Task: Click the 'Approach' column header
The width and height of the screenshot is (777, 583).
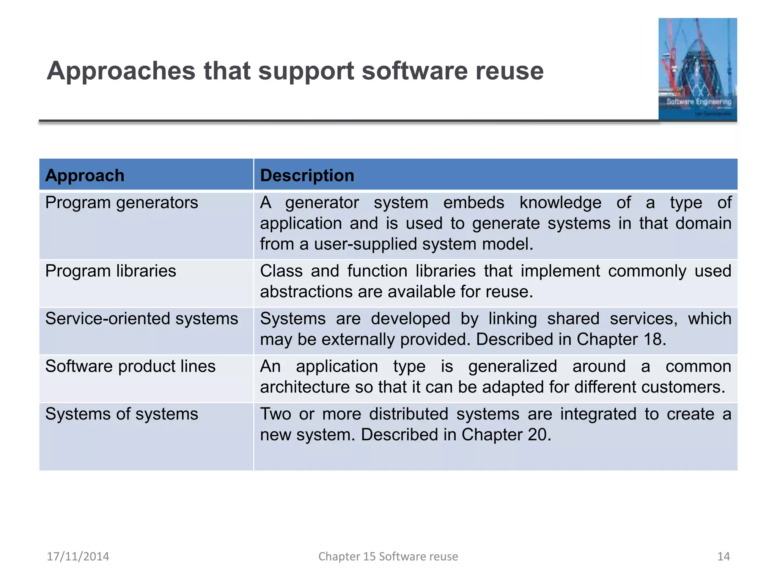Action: (x=85, y=175)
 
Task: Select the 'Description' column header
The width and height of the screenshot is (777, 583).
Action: (x=307, y=175)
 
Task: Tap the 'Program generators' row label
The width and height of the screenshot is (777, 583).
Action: (x=121, y=203)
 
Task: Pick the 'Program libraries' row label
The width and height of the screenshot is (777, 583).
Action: (x=110, y=271)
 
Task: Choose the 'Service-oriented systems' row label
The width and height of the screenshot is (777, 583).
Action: (x=142, y=318)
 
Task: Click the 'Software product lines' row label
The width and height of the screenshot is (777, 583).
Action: (x=130, y=366)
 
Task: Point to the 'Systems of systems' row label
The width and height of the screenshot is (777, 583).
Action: (x=121, y=414)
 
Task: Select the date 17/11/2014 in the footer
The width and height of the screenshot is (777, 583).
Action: (x=78, y=556)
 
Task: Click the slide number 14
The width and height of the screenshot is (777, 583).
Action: (x=724, y=556)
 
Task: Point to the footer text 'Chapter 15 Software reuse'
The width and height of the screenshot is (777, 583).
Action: (x=388, y=556)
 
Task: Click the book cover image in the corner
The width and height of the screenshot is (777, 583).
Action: (x=697, y=69)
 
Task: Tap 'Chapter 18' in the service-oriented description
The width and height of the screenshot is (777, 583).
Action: (x=621, y=339)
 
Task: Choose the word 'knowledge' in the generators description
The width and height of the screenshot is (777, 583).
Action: (x=560, y=203)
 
